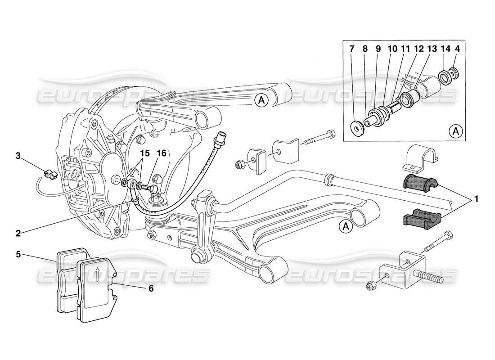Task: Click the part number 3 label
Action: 18,156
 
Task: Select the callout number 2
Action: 18,233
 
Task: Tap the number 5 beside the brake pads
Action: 18,254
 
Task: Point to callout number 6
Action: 151,288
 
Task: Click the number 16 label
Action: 162,153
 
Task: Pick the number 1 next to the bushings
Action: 476,198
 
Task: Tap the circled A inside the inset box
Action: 456,131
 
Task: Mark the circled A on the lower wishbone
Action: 346,227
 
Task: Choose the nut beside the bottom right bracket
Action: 372,285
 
